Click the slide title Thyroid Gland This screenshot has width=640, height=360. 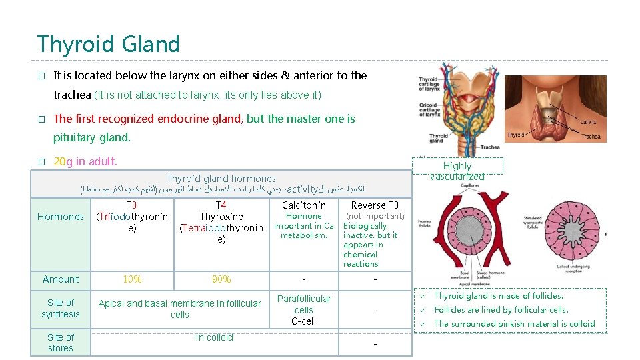(x=109, y=44)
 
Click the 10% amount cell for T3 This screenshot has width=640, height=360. (x=132, y=279)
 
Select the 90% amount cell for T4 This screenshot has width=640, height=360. (x=221, y=279)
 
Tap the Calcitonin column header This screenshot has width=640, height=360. (x=304, y=205)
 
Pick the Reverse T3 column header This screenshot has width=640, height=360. (x=375, y=205)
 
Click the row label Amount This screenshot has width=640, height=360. (x=61, y=279)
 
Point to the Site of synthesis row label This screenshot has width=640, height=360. (x=61, y=308)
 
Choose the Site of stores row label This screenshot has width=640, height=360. (x=61, y=343)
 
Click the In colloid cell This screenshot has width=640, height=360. (x=215, y=337)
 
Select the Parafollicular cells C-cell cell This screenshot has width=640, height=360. (x=304, y=309)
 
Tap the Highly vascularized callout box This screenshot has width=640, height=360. (x=457, y=171)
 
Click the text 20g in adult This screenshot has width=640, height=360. (x=85, y=161)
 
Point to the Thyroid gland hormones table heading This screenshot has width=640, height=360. (x=221, y=179)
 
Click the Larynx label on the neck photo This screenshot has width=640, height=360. (x=589, y=123)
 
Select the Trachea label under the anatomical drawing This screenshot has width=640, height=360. (x=489, y=147)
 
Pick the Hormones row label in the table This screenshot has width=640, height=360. (x=61, y=217)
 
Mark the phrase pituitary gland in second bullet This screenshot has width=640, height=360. (x=92, y=138)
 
